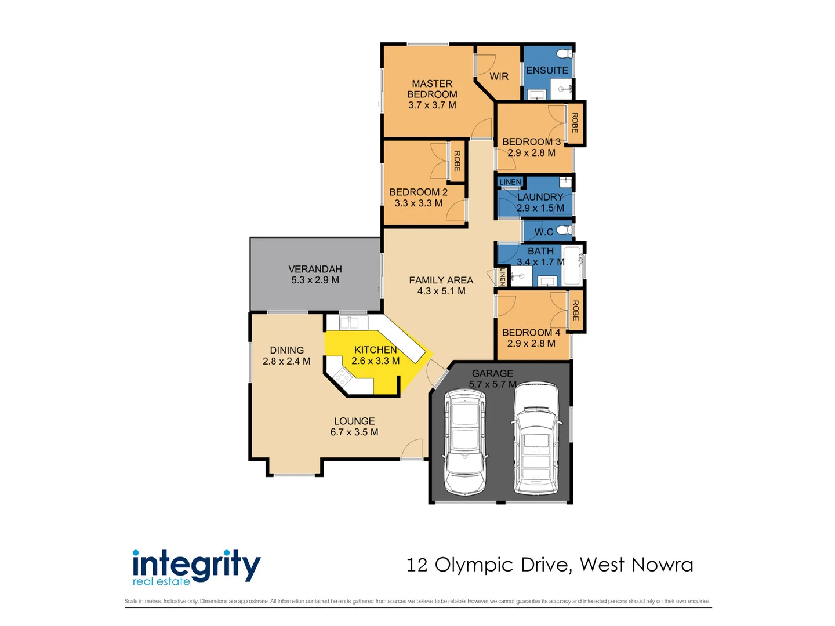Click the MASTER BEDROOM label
pyautogui.click(x=432, y=89)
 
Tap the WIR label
pyautogui.click(x=499, y=77)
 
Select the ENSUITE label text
pyautogui.click(x=547, y=70)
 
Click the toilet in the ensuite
pyautogui.click(x=564, y=54)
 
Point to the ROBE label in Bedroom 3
pyautogui.click(x=575, y=123)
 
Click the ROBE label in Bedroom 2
pyautogui.click(x=457, y=161)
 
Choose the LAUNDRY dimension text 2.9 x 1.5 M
pyautogui.click(x=540, y=208)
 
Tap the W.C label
pyautogui.click(x=543, y=232)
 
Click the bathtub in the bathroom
pyautogui.click(x=572, y=265)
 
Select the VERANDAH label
pyautogui.click(x=315, y=269)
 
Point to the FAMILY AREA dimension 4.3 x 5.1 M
pyautogui.click(x=441, y=291)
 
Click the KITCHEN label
pyautogui.click(x=375, y=350)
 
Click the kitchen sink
pyautogui.click(x=353, y=322)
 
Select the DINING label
pyautogui.click(x=286, y=350)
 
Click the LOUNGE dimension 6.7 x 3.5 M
pyautogui.click(x=354, y=432)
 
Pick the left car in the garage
pyautogui.click(x=465, y=442)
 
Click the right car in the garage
pyautogui.click(x=536, y=438)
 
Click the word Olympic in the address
pyautogui.click(x=474, y=565)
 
